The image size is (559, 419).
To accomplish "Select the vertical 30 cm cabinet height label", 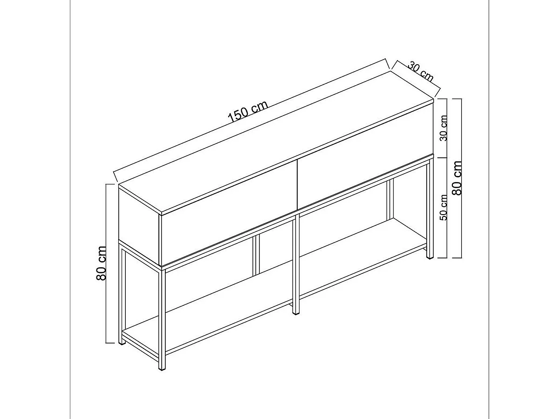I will click(x=443, y=128).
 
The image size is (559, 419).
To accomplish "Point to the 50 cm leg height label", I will click(x=443, y=207).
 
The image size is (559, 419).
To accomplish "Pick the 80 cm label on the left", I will click(x=102, y=264).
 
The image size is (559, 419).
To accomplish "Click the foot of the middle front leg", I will click(x=296, y=311).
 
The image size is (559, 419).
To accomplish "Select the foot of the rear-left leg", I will click(x=122, y=341).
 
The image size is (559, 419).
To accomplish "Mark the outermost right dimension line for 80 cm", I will click(x=461, y=178).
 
